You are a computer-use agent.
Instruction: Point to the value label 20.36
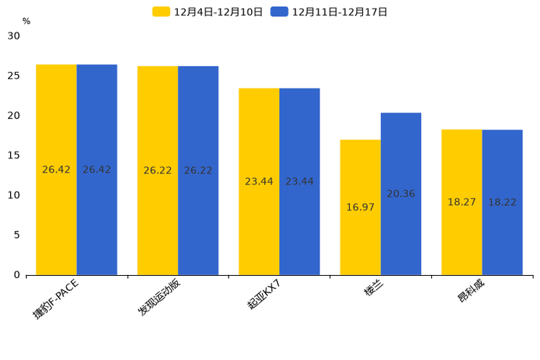pos(401,194)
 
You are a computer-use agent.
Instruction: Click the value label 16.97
pos(360,208)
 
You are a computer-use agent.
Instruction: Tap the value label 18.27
pos(462,202)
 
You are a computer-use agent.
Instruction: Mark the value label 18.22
pos(502,202)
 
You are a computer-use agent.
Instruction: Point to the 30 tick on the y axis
pos(14,36)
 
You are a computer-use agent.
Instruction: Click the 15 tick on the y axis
pos(14,155)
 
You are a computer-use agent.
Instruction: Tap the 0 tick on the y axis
pos(17,275)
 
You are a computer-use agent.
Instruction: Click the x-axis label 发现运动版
pos(160,298)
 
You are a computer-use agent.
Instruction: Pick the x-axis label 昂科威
pos(472,290)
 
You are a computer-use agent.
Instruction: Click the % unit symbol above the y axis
pos(26,22)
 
